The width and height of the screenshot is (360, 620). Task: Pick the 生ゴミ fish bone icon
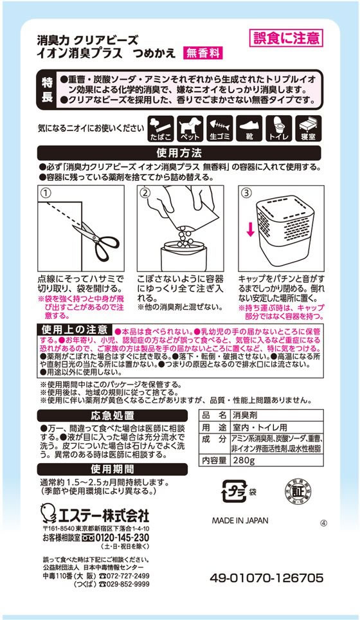tap(221, 128)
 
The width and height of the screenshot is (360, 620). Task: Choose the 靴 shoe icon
tap(249, 128)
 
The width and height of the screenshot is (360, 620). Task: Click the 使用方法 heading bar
tap(179, 154)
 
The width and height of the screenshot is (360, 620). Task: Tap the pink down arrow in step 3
tap(250, 229)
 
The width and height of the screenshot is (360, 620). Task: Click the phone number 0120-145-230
tap(116, 538)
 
